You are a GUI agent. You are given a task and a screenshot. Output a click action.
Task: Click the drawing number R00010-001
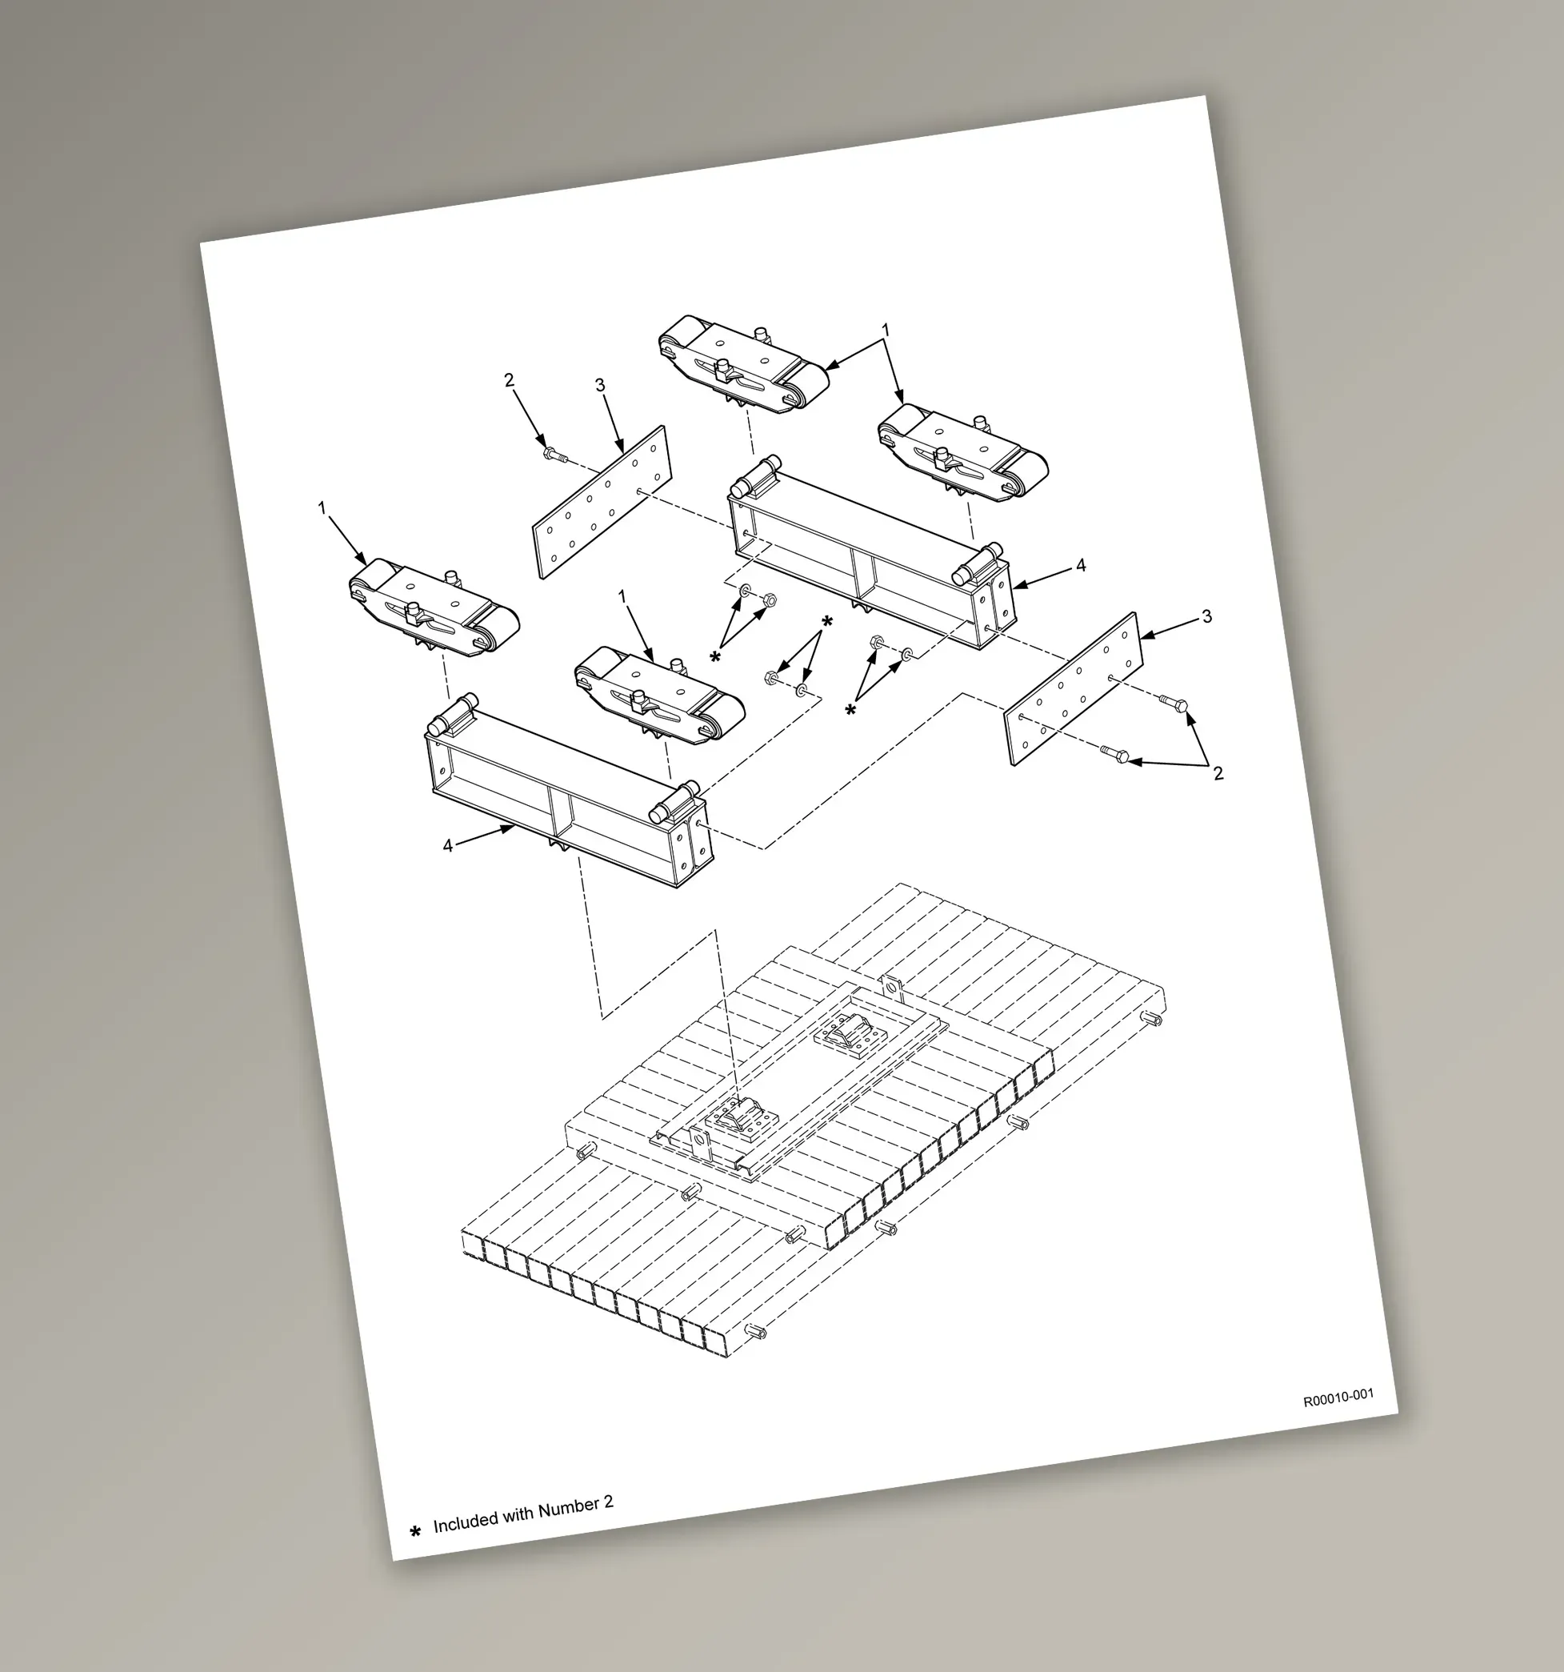coord(1338,1397)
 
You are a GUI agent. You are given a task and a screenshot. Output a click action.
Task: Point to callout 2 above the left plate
coord(509,380)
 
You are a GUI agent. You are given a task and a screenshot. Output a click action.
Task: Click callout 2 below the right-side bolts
coord(1218,773)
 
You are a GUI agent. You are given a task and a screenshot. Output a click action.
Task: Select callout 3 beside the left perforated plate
coord(599,385)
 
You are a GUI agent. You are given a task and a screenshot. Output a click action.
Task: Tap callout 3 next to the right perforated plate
coord(1206,616)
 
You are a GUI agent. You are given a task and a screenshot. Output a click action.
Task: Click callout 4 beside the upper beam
coord(1081,565)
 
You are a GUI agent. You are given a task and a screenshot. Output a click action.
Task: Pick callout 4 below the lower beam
coord(447,845)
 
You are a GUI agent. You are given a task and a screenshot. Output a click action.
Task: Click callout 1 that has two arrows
coord(885,331)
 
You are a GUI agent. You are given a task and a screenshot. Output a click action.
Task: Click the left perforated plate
coord(603,502)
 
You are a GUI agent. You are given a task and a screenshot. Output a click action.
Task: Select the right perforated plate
coord(1074,689)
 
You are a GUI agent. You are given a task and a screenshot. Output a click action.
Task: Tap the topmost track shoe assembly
coord(743,364)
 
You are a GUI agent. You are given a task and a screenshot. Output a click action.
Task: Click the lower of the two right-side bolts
coord(1114,754)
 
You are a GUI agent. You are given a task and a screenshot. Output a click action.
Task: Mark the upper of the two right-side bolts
coord(1174,701)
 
